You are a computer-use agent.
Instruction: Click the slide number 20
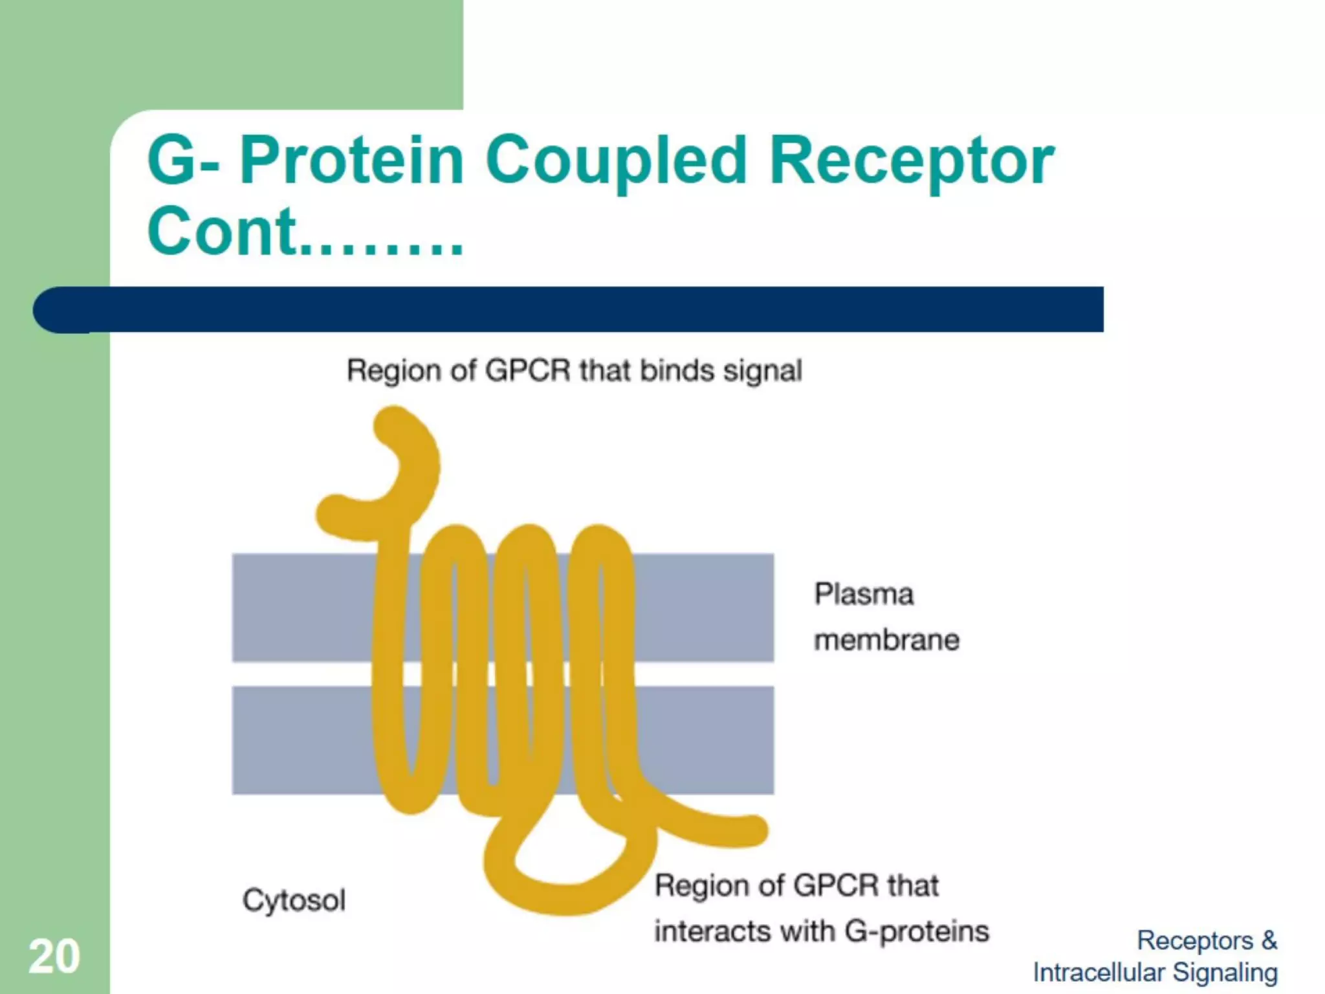click(54, 956)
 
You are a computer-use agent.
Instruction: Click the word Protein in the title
click(352, 160)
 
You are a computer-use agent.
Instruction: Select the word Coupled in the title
click(616, 162)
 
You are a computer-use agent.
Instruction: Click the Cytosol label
click(294, 900)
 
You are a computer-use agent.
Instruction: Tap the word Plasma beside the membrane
click(864, 594)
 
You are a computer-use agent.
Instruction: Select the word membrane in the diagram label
click(886, 640)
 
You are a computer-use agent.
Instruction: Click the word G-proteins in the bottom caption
click(917, 932)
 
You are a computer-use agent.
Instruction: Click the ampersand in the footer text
click(1269, 940)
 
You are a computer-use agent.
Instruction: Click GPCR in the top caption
click(527, 371)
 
